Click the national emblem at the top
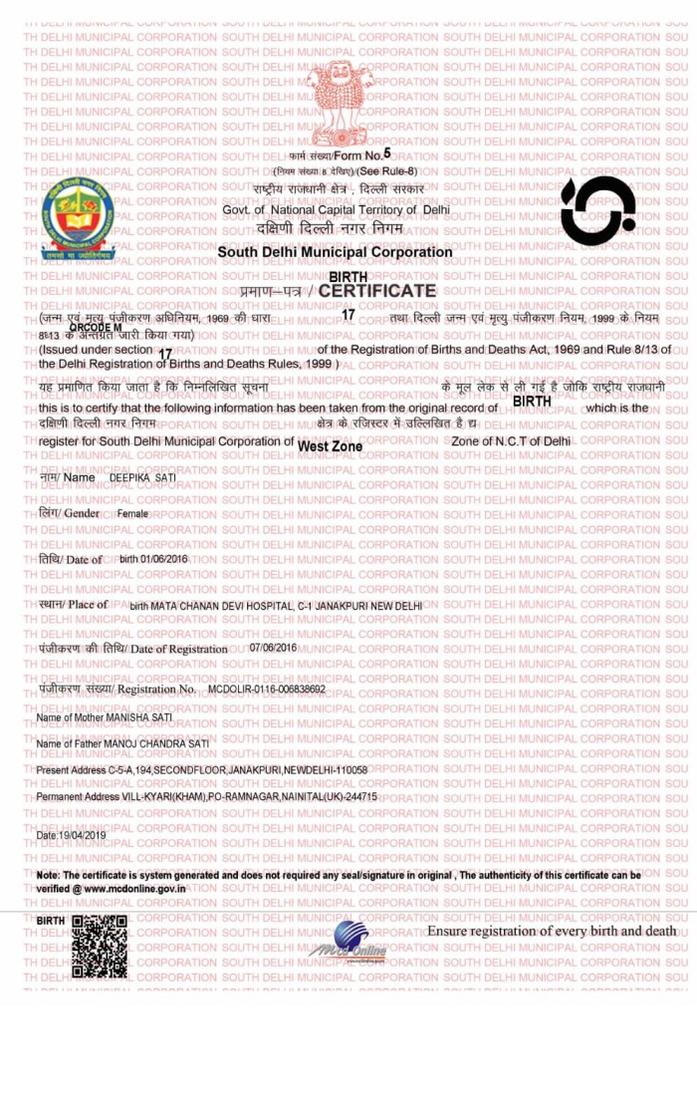(342, 103)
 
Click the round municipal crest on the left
(78, 218)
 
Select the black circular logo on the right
(597, 211)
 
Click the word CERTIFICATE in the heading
(377, 291)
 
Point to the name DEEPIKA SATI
(142, 478)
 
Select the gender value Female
(132, 513)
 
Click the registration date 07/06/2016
(274, 648)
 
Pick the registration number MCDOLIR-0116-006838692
(267, 690)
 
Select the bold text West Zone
(330, 446)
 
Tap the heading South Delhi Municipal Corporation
(335, 252)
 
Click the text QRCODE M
(96, 328)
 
